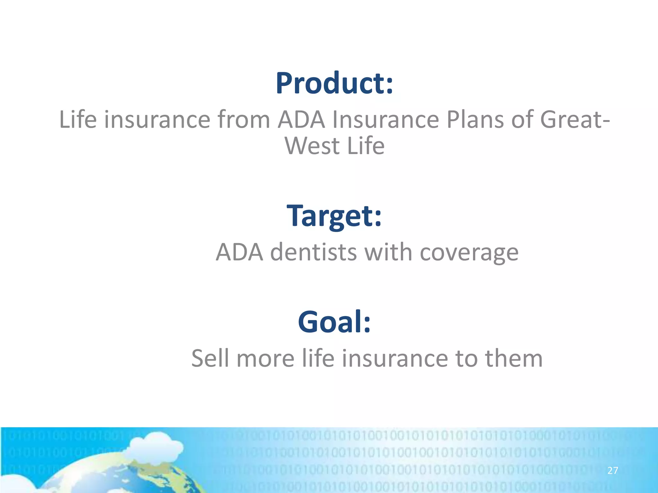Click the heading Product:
click(334, 83)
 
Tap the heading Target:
click(334, 216)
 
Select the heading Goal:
click(334, 322)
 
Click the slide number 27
click(613, 471)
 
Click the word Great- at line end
click(575, 120)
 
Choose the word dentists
click(313, 252)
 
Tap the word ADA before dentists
click(239, 252)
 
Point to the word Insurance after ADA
click(385, 120)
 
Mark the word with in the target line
click(388, 252)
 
